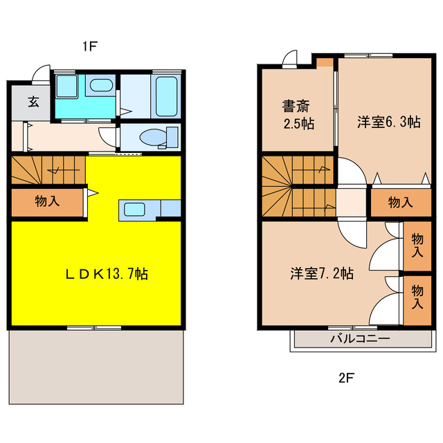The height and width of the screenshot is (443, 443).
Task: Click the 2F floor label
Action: coord(346,378)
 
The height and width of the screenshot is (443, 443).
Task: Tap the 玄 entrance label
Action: coord(33,101)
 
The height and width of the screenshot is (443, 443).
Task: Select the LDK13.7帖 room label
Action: coord(106,273)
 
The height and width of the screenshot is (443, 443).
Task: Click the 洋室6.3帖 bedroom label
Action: coord(388,122)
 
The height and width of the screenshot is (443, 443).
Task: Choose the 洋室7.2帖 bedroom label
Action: coord(322,273)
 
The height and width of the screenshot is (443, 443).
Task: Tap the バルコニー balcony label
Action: coord(359,339)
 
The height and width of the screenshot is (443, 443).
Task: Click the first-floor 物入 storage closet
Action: coord(47,202)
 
